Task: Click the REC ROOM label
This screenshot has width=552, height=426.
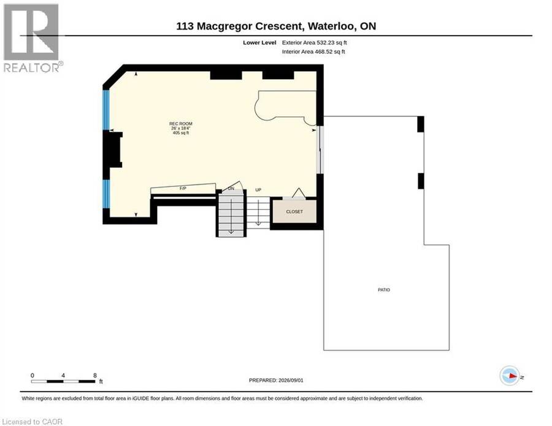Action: click(x=180, y=124)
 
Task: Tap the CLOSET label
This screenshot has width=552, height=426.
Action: click(x=294, y=211)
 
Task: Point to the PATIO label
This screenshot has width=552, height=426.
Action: click(x=384, y=290)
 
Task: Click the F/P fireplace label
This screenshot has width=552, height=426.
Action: click(x=183, y=189)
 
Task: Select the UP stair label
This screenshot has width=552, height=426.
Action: click(x=258, y=190)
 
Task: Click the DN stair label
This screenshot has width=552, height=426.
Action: click(x=231, y=189)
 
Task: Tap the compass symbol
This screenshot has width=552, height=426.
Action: click(x=510, y=376)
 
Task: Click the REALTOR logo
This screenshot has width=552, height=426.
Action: click(x=33, y=38)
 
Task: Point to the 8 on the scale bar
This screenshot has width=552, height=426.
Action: click(x=94, y=375)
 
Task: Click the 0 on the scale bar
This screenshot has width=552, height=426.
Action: click(x=33, y=375)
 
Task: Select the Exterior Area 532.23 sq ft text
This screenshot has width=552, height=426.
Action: click(x=315, y=42)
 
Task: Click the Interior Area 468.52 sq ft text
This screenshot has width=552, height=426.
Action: click(x=313, y=51)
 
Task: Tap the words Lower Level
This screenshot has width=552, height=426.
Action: click(x=259, y=42)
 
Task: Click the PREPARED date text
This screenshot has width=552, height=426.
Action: click(x=276, y=380)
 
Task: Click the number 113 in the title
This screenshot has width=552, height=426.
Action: click(x=185, y=26)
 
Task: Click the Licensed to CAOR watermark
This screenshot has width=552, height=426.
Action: click(x=32, y=422)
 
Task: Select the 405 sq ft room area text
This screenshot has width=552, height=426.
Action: click(x=180, y=133)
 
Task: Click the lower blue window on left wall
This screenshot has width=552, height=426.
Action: click(x=106, y=194)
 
